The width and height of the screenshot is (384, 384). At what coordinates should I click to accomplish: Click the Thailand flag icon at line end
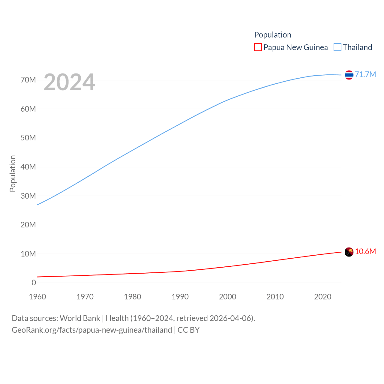349,75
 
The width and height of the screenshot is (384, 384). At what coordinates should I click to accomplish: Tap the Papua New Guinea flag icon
349,252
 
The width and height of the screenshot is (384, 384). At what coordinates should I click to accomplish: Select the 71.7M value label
365,74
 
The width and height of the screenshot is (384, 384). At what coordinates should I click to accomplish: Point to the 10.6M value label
365,251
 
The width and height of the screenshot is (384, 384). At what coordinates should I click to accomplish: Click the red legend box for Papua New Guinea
258,47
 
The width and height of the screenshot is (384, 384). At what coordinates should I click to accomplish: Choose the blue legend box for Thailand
337,47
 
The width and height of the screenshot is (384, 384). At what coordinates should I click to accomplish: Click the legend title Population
273,35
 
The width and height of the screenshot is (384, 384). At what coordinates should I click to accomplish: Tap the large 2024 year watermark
69,82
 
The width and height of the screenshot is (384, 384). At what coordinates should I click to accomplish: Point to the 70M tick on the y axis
28,80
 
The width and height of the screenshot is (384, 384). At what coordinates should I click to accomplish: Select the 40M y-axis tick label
28,167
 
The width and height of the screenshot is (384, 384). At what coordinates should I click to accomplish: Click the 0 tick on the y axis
34,283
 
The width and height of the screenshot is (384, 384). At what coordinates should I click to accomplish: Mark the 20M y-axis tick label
28,225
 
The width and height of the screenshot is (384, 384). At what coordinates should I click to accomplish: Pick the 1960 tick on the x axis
37,297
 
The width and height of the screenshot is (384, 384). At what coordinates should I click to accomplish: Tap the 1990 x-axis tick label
180,297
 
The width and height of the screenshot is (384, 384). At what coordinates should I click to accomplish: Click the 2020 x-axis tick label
323,297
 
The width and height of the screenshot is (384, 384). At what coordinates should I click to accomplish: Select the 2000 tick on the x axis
228,297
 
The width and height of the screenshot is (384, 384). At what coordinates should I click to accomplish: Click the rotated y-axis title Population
13,173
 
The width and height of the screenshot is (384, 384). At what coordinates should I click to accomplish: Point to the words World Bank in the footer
80,318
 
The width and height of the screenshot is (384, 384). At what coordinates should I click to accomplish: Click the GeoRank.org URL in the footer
92,330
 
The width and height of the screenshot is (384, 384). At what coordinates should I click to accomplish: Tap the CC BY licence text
189,330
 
